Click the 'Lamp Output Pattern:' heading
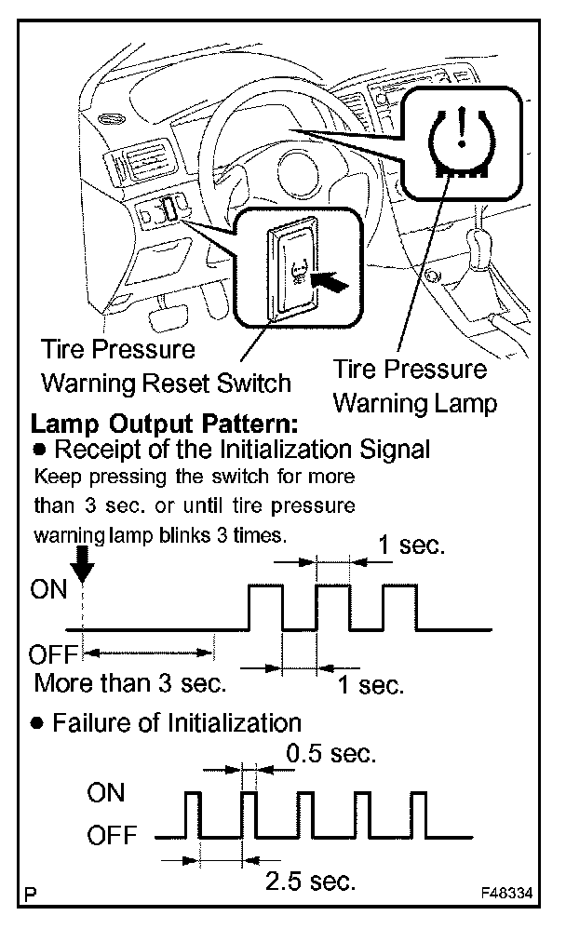[164, 424]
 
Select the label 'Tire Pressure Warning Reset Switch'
[167, 366]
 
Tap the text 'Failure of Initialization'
[177, 722]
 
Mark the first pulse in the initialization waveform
[265, 607]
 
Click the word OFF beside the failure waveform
[112, 835]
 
